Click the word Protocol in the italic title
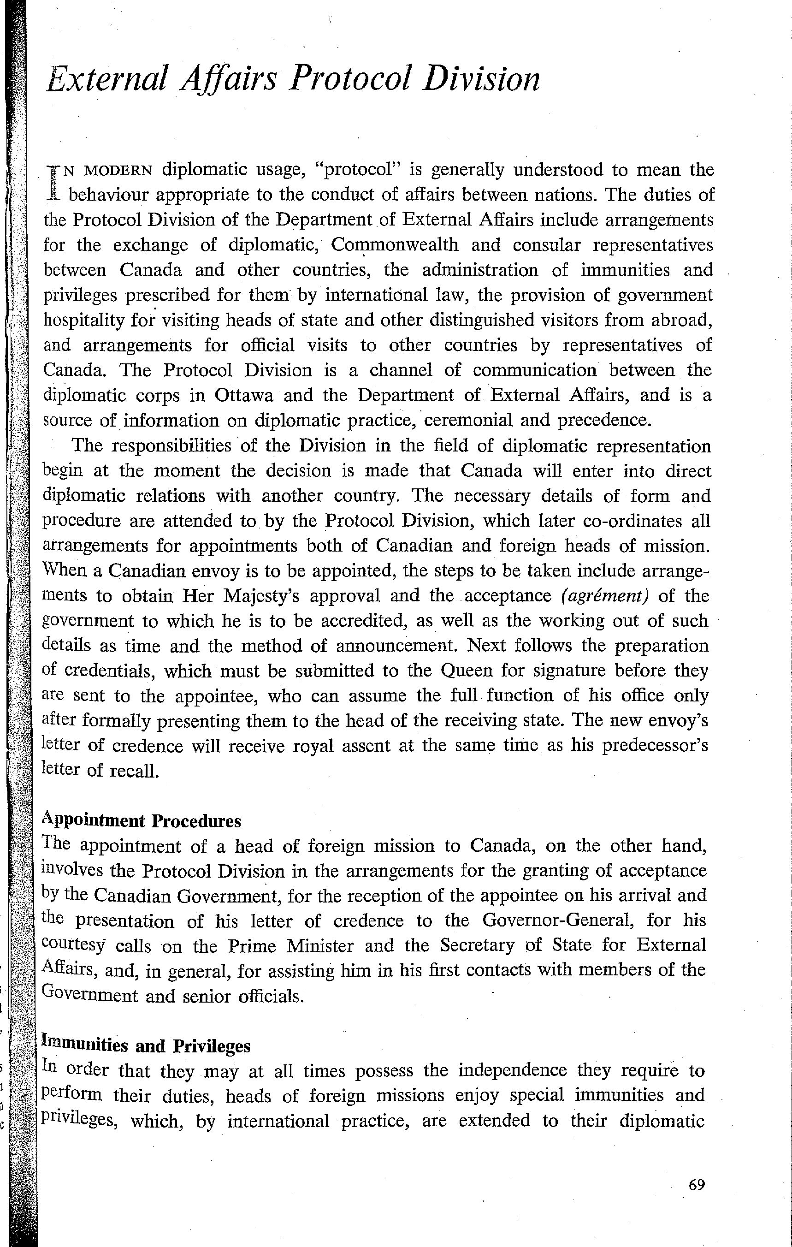tap(350, 80)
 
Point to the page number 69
tap(697, 1185)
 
